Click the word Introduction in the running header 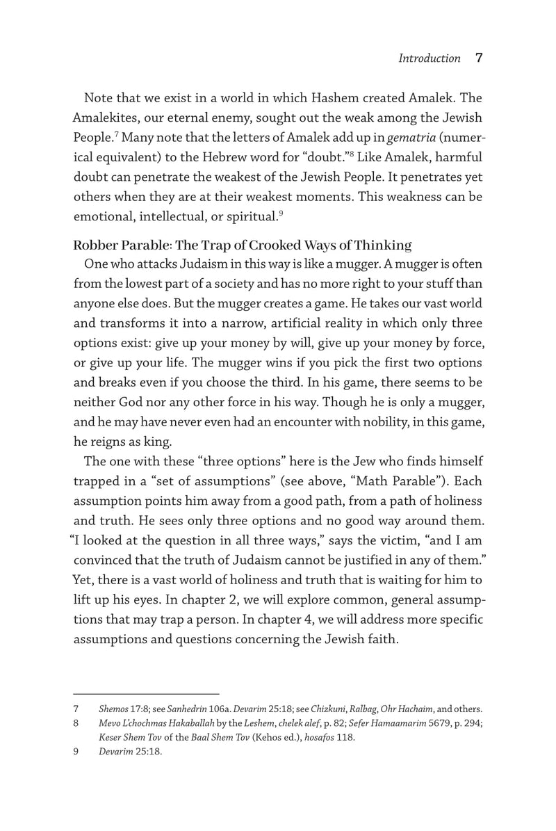point(429,59)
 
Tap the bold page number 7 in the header point(478,58)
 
